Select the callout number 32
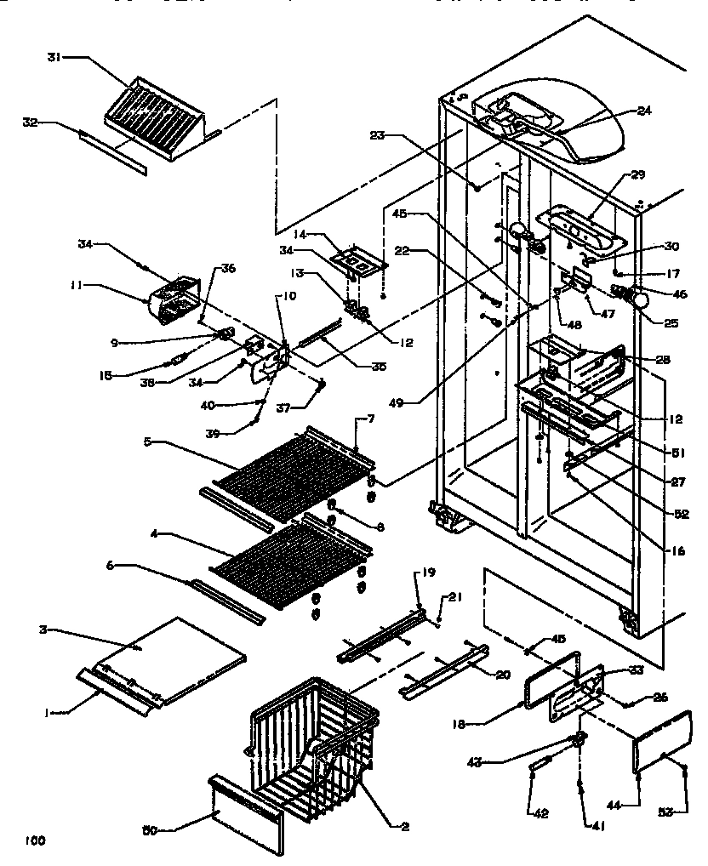coord(30,122)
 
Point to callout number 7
coord(372,419)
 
